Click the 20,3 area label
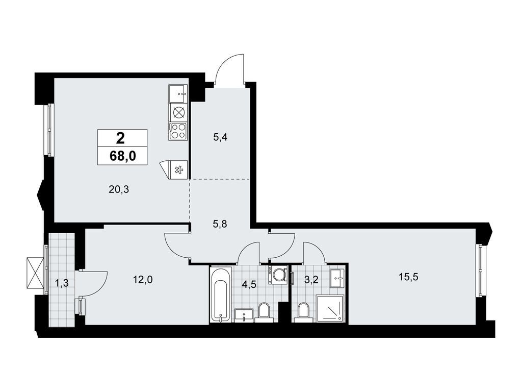[x=119, y=189]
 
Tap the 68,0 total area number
[x=122, y=156]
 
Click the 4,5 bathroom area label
[x=249, y=285]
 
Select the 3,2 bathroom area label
[x=310, y=279]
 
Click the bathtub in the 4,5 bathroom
[x=221, y=295]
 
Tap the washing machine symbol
[x=278, y=274]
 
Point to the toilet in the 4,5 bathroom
[x=264, y=311]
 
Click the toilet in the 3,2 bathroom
[x=303, y=310]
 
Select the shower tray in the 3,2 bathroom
[x=330, y=308]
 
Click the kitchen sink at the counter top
[x=178, y=93]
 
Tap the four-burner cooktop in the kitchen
[x=178, y=131]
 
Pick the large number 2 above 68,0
[x=121, y=138]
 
